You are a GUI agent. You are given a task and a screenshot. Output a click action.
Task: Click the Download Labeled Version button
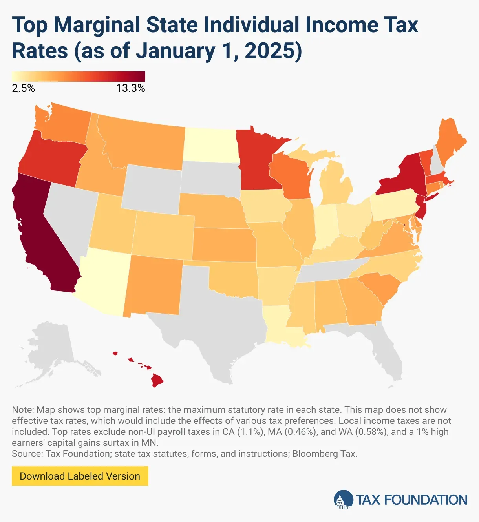(x=80, y=476)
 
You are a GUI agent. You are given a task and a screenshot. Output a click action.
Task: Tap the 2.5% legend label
(x=23, y=88)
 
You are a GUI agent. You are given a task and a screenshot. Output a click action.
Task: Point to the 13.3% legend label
(x=130, y=88)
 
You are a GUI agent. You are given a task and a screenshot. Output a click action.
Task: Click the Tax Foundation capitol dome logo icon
(x=343, y=500)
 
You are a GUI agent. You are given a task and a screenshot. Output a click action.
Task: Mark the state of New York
(x=404, y=177)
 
